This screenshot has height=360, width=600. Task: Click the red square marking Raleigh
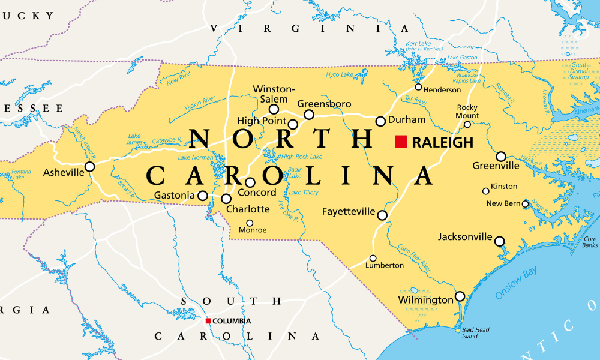[401, 142]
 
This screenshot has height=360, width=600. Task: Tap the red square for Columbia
[208, 321]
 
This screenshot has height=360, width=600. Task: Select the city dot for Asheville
[89, 167]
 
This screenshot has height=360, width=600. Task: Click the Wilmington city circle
[460, 296]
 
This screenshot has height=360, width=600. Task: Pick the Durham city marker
[380, 121]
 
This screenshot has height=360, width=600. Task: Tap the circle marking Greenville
[501, 157]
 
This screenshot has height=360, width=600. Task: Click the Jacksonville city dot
[499, 241]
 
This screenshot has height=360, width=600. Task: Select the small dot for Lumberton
[373, 259]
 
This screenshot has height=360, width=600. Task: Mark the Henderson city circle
[419, 87]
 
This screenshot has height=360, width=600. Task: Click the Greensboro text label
[324, 104]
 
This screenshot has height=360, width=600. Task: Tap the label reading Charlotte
[248, 209]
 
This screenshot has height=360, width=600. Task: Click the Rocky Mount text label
[467, 112]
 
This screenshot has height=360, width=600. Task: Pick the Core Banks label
[590, 242]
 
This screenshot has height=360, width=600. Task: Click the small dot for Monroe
[250, 223]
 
